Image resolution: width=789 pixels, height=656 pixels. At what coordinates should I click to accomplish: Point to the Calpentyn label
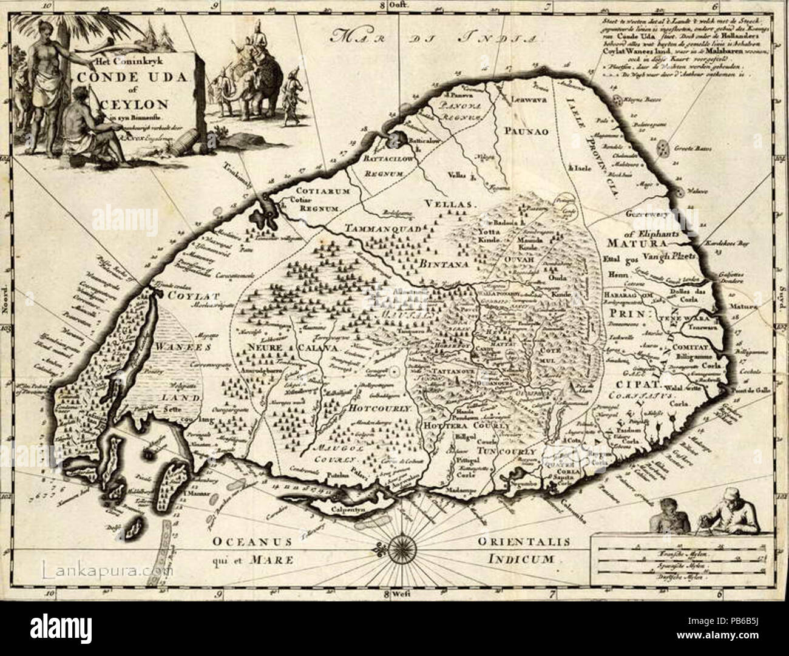pos(353,510)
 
